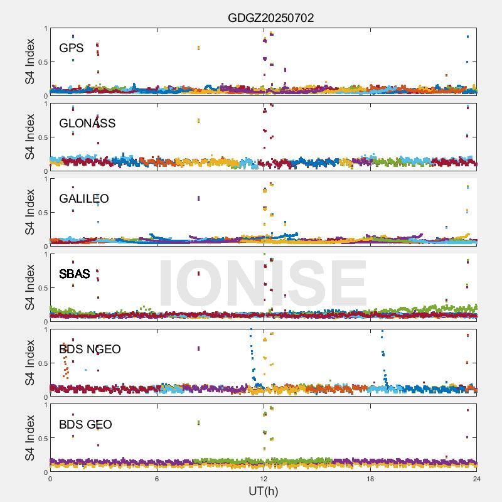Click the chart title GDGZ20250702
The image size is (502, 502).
coord(270,18)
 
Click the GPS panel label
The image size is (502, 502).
coord(72,48)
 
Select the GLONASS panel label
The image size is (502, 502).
coord(87,124)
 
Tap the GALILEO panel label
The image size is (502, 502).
coord(84,199)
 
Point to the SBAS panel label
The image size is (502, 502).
coord(75,274)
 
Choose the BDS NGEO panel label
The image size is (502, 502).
coord(90,350)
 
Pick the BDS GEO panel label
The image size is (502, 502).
coord(85,425)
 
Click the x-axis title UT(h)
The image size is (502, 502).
coord(263,490)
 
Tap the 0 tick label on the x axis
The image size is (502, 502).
coord(50,479)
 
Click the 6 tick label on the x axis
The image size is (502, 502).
coord(157,479)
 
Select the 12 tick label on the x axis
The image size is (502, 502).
coord(264,479)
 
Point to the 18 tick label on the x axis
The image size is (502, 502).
coord(370,479)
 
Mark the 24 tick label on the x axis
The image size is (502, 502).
coord(476,479)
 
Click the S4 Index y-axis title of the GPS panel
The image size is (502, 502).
coord(30,61)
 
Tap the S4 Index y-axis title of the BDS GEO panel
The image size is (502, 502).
coord(30,438)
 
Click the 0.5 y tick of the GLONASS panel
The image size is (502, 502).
coord(41,137)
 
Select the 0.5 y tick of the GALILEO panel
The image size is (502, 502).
coord(41,213)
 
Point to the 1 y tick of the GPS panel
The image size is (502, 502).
coord(45,29)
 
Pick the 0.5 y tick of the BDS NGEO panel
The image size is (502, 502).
coord(41,363)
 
